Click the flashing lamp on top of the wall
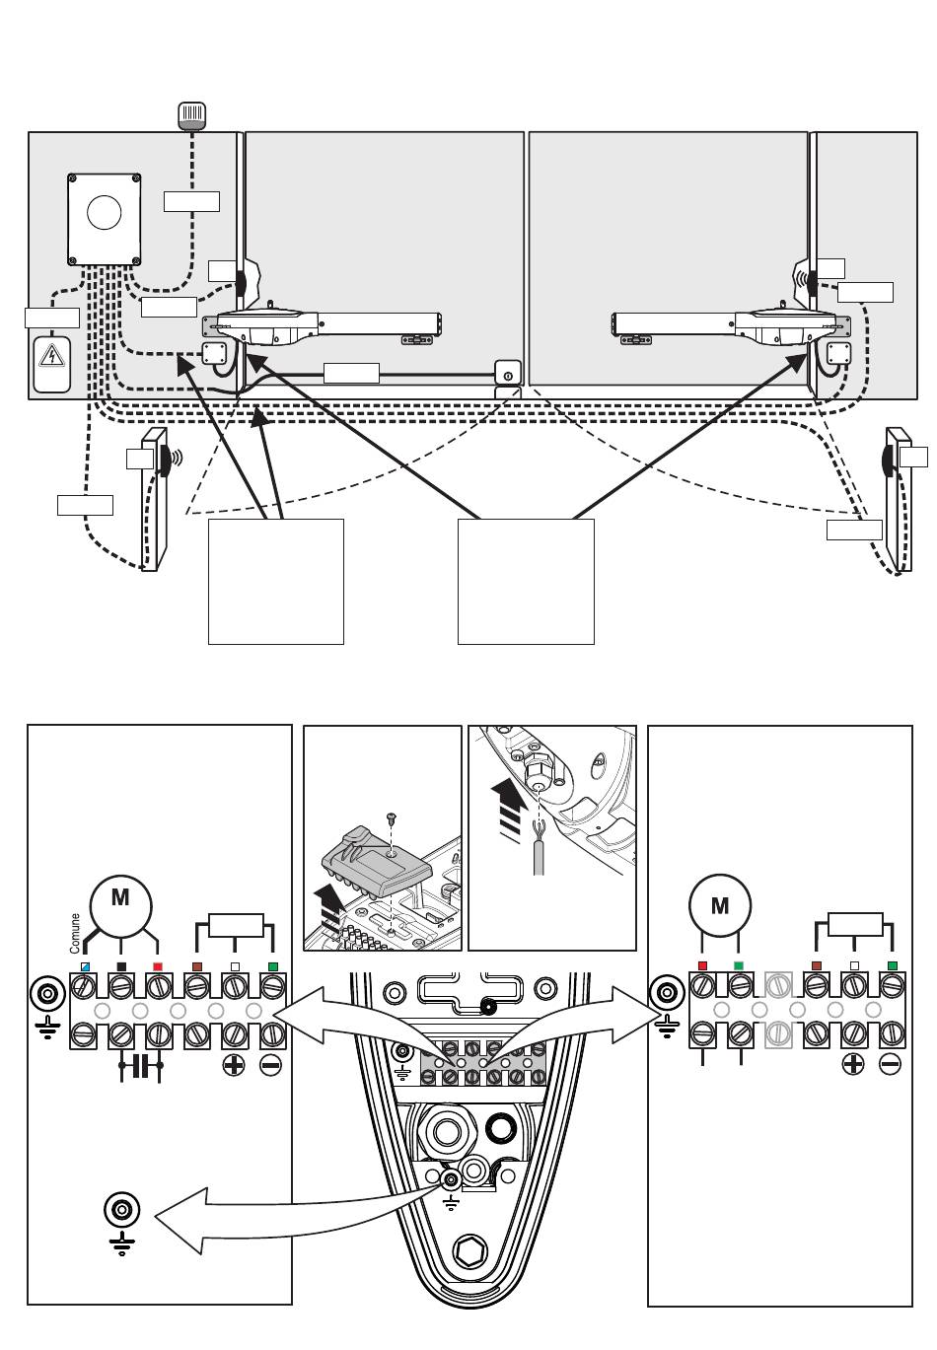[191, 115]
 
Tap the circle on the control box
[105, 213]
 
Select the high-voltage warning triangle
[51, 356]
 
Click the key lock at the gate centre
[507, 373]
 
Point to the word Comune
[75, 934]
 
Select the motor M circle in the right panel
[720, 905]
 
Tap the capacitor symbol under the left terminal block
[141, 1066]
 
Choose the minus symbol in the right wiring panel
[890, 1064]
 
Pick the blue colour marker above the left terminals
[85, 966]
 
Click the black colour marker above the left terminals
[121, 966]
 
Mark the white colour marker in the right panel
[854, 965]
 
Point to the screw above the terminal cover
[391, 817]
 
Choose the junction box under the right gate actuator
[838, 354]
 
